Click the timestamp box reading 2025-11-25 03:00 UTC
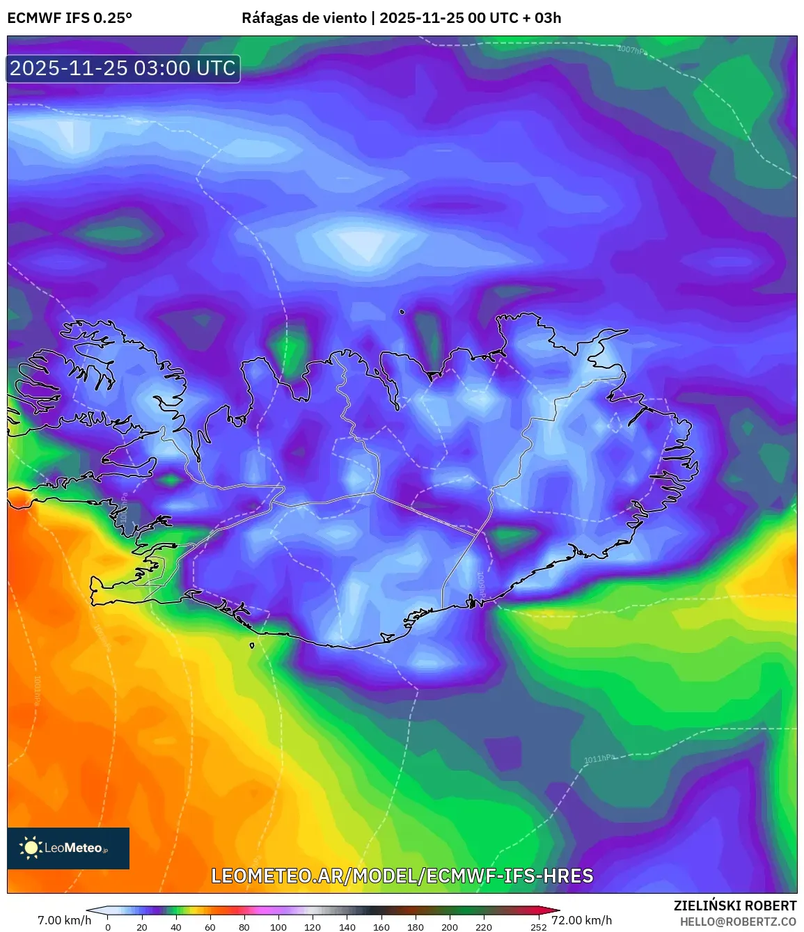pos(123,68)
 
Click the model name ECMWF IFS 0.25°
pos(70,18)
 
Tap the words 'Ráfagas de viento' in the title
pos(304,18)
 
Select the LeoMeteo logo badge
pos(68,848)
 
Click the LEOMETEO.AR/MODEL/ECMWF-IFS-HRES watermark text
pos(402,876)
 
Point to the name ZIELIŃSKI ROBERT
pos(735,906)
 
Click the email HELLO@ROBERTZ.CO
pos(738,922)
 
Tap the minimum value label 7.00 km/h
pos(64,920)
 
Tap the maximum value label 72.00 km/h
pos(582,920)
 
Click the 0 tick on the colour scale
pos(108,927)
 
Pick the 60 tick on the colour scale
pos(210,927)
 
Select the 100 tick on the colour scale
pos(278,927)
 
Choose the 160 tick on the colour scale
pos(381,927)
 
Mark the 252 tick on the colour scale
pos(538,927)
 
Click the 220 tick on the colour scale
pos(484,927)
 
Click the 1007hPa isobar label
pos(631,49)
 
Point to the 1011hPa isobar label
pos(599,758)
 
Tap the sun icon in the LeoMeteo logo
pos(31,848)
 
